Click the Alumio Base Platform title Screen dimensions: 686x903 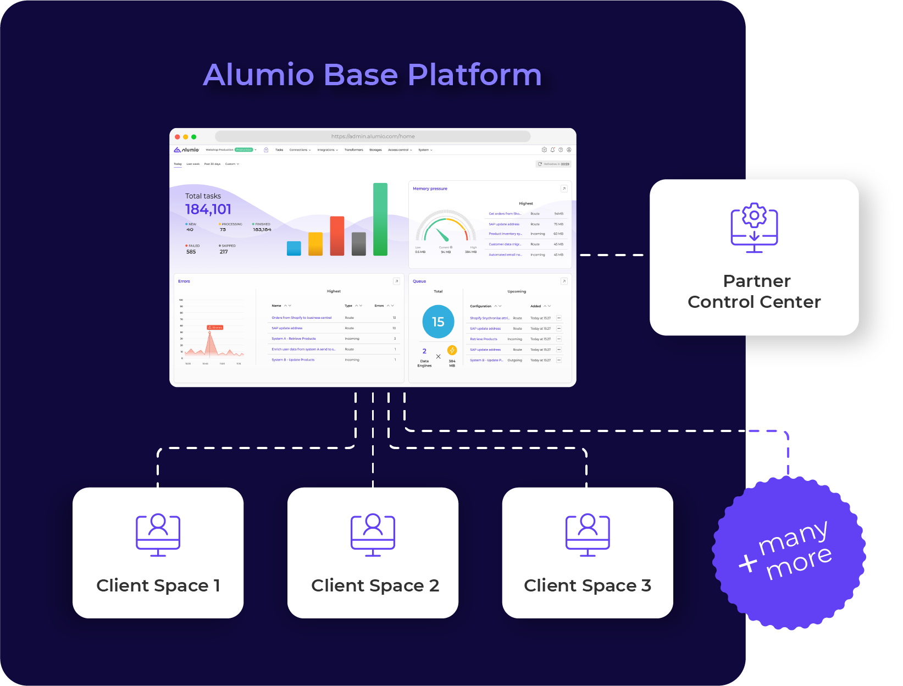(372, 75)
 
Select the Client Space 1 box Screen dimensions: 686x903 (158, 552)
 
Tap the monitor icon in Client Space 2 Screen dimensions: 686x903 (373, 534)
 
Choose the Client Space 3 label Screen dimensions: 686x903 (587, 585)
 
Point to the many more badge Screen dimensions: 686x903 (789, 552)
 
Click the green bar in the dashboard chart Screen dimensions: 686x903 (380, 219)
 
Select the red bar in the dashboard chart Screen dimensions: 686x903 (337, 236)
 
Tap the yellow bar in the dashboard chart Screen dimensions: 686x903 (315, 244)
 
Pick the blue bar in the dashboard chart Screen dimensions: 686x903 (294, 248)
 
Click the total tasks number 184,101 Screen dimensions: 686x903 (208, 209)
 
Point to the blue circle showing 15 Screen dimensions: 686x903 (438, 322)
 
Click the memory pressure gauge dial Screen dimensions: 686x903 (445, 228)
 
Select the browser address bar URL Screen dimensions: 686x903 (373, 136)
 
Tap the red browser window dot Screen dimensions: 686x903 (178, 137)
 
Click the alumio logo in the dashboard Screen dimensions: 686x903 (186, 150)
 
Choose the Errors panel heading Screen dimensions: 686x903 (184, 281)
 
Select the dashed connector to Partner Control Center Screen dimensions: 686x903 (612, 255)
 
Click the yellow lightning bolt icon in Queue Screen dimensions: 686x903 (452, 350)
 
